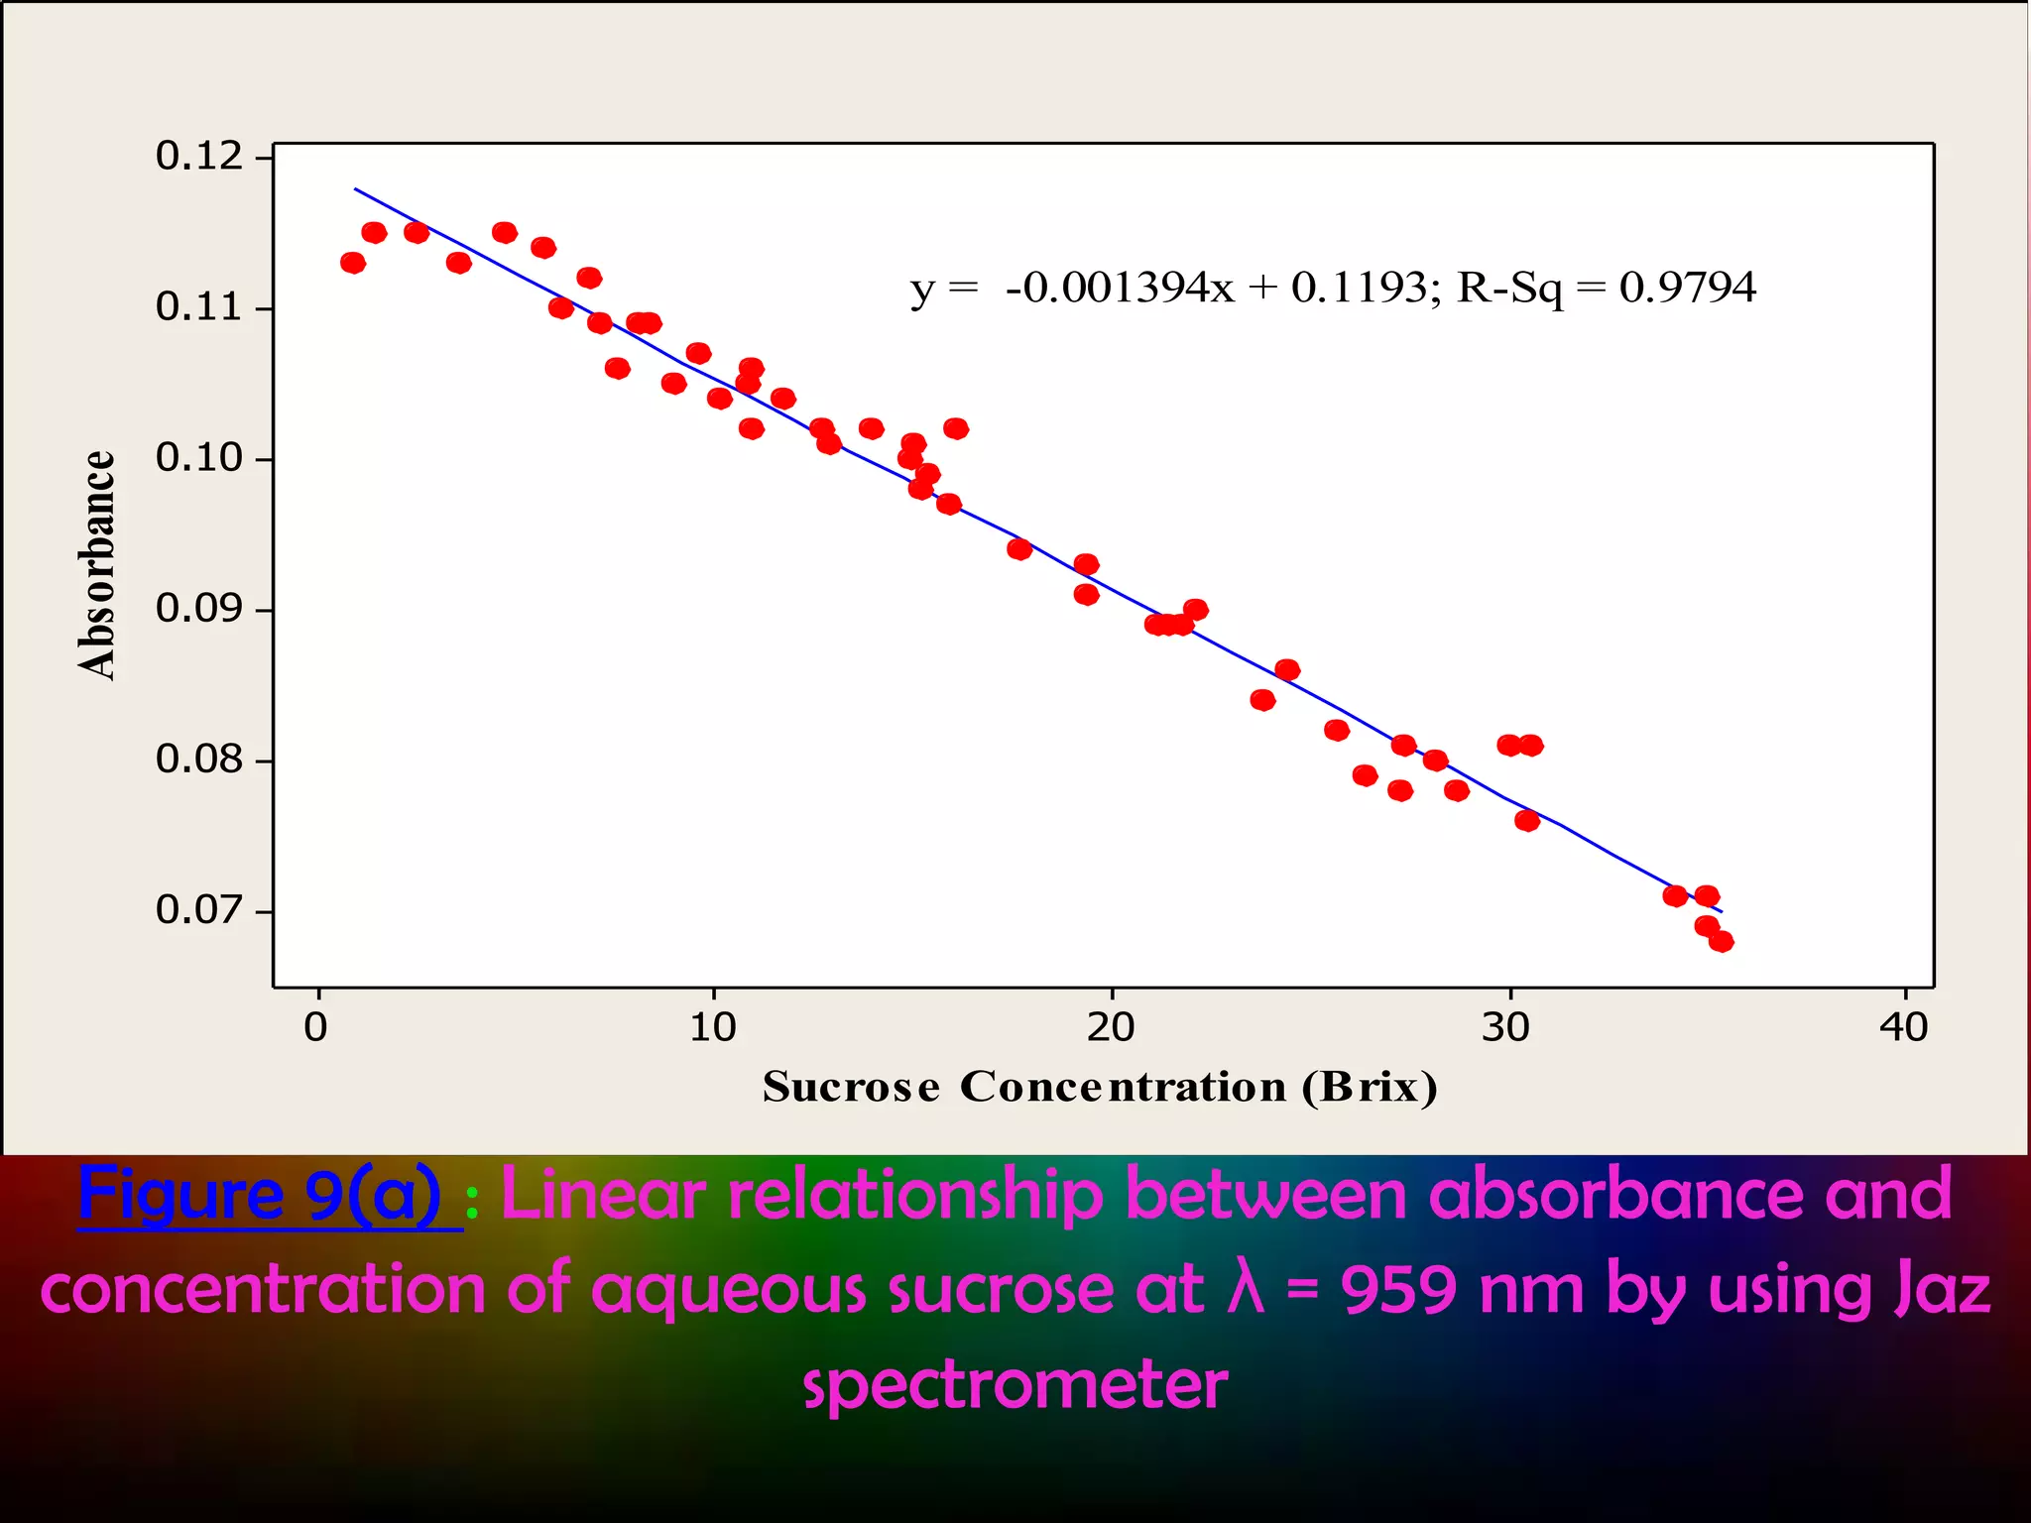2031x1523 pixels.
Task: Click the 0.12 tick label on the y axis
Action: click(198, 157)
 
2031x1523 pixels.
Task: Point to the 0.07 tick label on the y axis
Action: click(198, 909)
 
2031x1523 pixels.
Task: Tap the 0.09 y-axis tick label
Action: click(198, 609)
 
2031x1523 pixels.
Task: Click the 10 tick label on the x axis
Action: click(713, 1027)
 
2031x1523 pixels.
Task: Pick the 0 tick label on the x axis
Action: click(315, 1027)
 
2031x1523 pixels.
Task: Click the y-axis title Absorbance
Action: click(97, 565)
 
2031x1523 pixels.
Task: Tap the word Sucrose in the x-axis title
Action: click(851, 1087)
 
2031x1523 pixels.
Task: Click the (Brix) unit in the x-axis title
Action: click(1371, 1087)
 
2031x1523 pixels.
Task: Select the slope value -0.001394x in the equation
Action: click(1121, 288)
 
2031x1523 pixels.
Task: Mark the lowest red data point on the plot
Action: click(1722, 941)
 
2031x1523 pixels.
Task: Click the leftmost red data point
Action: click(352, 263)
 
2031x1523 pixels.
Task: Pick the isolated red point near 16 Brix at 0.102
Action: click(956, 428)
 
